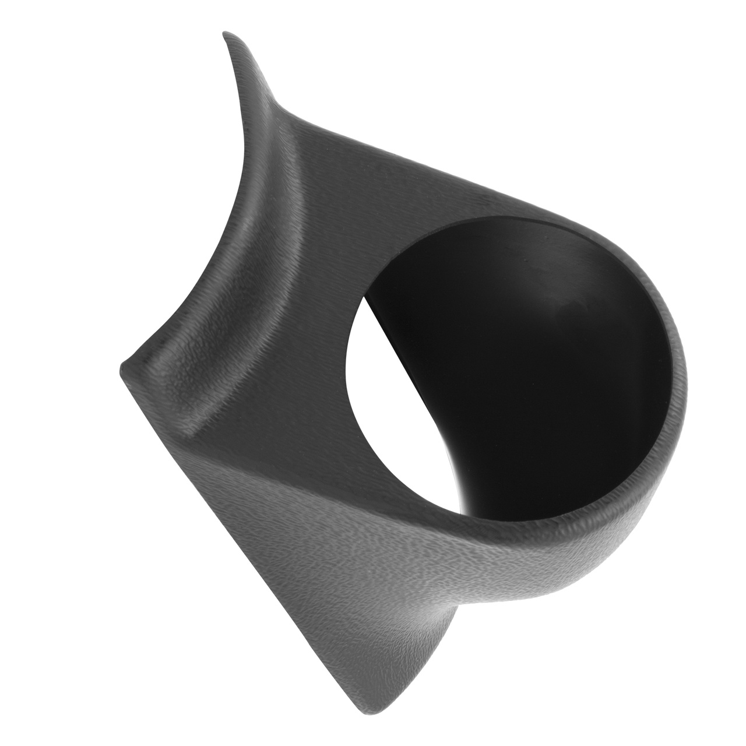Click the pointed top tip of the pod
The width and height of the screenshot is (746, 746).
point(224,35)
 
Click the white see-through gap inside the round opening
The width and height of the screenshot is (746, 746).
point(396,408)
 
